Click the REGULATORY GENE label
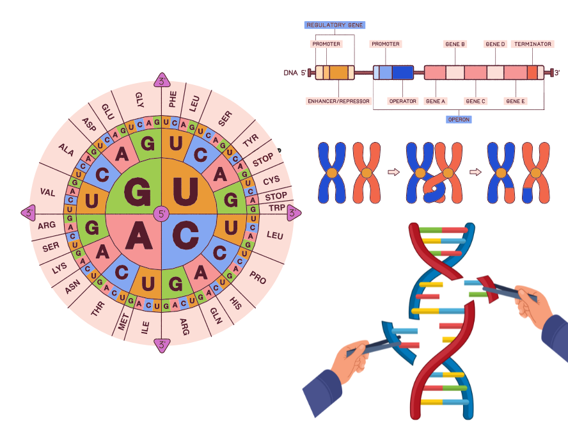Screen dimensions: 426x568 (335, 25)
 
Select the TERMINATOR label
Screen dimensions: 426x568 (533, 44)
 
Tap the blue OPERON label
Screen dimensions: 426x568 (458, 118)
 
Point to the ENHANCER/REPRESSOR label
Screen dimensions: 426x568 (338, 101)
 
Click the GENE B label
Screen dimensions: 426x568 (455, 44)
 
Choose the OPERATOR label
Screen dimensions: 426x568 (403, 101)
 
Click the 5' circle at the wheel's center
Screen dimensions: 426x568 (161, 213)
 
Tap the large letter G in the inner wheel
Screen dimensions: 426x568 (135, 190)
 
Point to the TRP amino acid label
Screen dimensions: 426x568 (277, 208)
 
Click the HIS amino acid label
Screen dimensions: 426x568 (236, 301)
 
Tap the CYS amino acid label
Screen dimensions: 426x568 (272, 181)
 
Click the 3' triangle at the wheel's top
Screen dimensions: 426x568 (162, 81)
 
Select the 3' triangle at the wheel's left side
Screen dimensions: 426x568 (28, 212)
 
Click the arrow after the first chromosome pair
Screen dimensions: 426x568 (394, 171)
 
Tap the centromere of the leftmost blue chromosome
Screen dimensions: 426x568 (332, 173)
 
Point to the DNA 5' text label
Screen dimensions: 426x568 (295, 72)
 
